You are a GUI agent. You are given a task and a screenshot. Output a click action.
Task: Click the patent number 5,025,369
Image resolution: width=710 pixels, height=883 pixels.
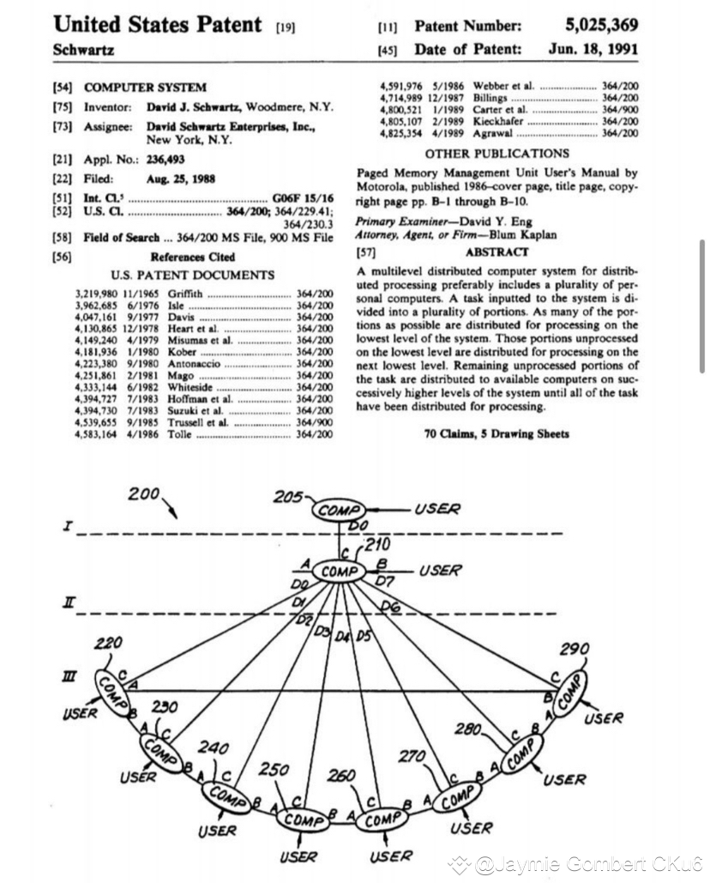click(601, 27)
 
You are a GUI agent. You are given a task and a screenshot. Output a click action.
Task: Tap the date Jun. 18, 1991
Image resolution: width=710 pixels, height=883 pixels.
click(593, 49)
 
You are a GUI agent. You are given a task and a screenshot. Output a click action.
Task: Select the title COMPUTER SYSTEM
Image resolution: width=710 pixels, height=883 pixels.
click(145, 88)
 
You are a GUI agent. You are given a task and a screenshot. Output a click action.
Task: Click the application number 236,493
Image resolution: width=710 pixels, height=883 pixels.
click(165, 159)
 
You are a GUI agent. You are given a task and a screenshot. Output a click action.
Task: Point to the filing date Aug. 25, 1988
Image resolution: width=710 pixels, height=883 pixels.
click(181, 179)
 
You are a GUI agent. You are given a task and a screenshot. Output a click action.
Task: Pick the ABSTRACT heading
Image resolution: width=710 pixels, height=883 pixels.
click(496, 252)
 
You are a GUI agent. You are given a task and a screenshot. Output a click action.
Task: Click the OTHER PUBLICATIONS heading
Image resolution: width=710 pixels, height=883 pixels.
click(496, 154)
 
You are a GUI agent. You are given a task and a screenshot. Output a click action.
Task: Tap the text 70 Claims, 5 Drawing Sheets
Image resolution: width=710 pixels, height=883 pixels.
click(496, 433)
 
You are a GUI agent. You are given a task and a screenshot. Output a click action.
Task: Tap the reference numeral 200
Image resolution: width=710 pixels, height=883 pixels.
click(144, 494)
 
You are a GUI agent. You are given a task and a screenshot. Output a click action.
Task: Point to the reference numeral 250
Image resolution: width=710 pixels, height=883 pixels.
click(274, 769)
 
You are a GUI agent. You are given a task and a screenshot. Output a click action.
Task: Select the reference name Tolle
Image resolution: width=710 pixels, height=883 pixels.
click(179, 436)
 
